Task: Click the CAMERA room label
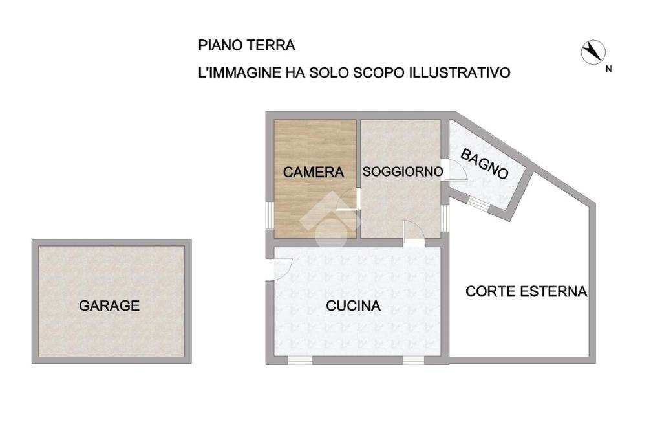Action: coord(314,172)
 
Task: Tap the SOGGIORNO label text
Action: coord(403,171)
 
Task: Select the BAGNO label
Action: coord(484,164)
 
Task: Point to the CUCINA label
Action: coord(354,305)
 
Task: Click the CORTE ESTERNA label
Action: coord(526,291)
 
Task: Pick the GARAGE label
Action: coord(109,305)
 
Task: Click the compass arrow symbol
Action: coord(593,52)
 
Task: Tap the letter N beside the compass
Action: coord(608,69)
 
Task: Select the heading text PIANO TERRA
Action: coord(246,45)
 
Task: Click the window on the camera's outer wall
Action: coord(270,215)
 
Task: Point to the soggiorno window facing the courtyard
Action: coord(445,218)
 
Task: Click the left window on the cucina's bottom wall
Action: coord(300,360)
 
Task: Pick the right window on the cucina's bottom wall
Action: coord(414,360)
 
